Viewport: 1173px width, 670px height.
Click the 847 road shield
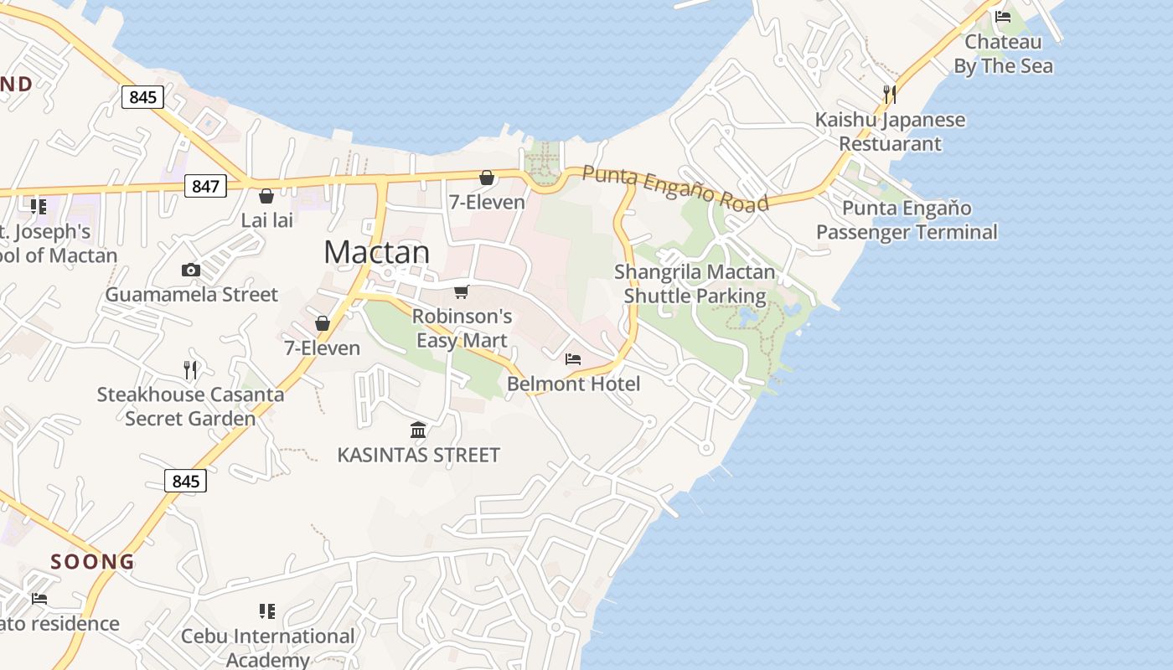point(205,186)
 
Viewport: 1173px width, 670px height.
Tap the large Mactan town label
point(377,252)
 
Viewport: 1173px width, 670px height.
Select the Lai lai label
point(267,220)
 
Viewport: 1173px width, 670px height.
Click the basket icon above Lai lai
point(266,196)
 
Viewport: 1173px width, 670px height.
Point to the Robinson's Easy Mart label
point(462,328)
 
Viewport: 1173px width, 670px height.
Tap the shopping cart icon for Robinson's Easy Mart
point(461,291)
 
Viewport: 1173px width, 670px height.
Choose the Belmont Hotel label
point(574,384)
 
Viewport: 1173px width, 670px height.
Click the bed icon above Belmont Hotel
point(573,359)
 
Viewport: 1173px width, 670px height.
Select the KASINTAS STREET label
point(418,455)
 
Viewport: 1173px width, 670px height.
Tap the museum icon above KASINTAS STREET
point(418,430)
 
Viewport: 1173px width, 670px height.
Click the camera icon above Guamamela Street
point(191,270)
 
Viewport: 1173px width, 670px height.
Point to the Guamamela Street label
point(191,295)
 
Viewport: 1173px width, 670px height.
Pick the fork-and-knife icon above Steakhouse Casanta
point(190,368)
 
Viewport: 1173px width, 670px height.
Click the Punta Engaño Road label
point(675,188)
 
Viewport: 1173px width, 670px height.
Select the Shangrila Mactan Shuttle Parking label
point(695,284)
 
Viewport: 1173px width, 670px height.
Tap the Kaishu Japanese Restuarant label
point(890,131)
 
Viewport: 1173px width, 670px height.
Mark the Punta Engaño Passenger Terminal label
point(907,219)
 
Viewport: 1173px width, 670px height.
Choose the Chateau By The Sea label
point(1003,54)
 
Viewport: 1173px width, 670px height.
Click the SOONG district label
point(93,561)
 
